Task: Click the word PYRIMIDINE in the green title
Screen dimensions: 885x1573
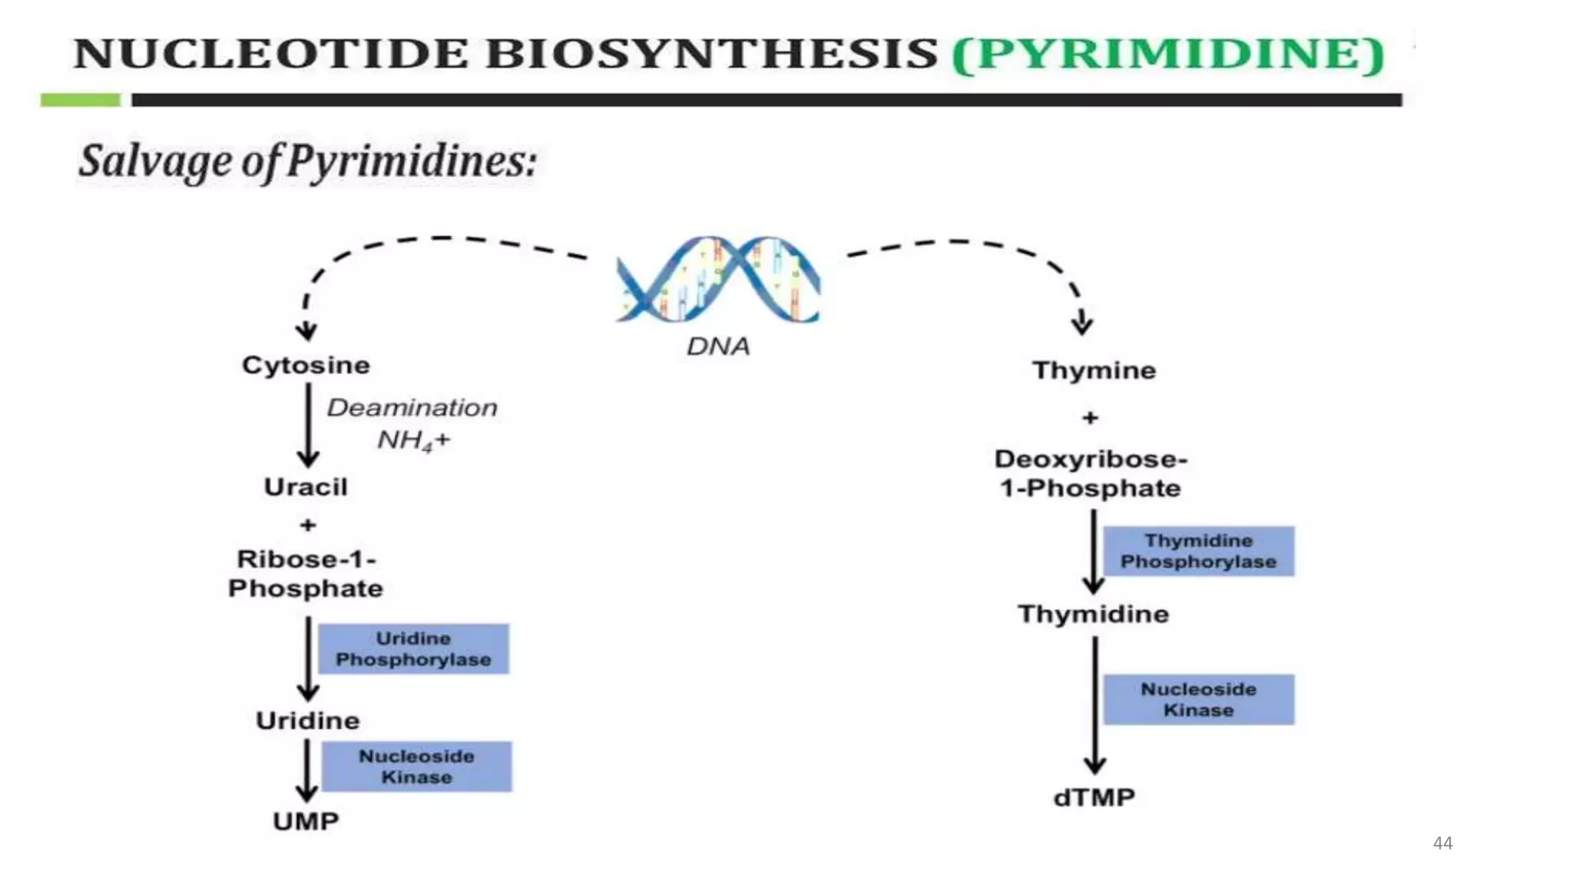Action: (1167, 54)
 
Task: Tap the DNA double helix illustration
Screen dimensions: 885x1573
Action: (718, 280)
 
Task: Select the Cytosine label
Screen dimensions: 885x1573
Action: (306, 365)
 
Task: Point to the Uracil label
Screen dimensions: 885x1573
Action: (306, 487)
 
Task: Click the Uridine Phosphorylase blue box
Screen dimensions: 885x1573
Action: (413, 649)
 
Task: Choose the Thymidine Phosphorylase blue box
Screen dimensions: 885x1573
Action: (1198, 551)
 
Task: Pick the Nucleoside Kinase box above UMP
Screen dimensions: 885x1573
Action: (416, 767)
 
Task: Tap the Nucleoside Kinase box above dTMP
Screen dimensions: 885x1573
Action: (1198, 699)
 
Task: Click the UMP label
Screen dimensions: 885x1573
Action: (306, 821)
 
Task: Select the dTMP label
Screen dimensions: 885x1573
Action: (1094, 797)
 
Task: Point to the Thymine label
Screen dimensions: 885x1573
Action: (1094, 370)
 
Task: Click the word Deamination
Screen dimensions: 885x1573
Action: (412, 407)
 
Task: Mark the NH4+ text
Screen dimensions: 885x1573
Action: (413, 441)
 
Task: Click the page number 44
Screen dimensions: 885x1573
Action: (1442, 843)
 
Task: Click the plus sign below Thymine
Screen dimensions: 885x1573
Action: (1090, 418)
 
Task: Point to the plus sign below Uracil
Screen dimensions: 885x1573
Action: (308, 525)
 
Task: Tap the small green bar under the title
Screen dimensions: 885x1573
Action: (81, 100)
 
